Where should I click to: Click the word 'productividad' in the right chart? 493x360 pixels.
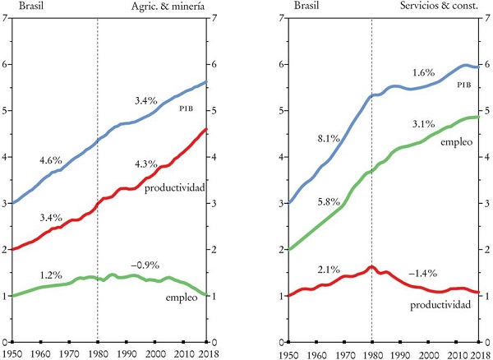click(440, 304)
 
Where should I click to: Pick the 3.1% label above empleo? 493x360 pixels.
click(423, 125)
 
